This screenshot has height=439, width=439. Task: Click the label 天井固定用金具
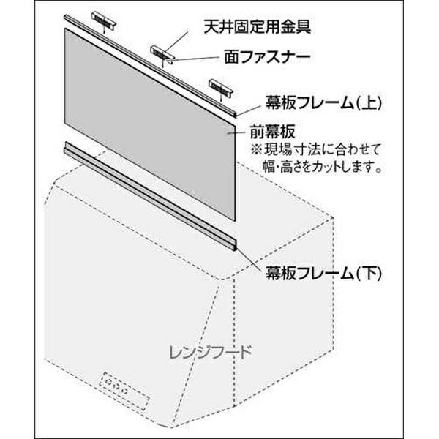pos(258,27)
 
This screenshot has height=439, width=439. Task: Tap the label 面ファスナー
pos(267,57)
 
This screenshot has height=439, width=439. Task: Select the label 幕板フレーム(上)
pos(323,103)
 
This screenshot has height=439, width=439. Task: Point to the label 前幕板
pos(272,132)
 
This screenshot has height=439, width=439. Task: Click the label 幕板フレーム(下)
pos(323,273)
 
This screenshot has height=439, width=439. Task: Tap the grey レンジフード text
pos(211,352)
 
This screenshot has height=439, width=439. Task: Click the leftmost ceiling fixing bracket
pos(104,20)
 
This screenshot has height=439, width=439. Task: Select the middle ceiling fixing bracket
pos(162,54)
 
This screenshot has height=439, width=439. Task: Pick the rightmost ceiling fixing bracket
pos(221,89)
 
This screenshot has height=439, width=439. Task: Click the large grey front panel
pos(149,124)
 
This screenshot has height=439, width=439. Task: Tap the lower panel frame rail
pos(151,196)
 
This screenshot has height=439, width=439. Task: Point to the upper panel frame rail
pos(151,66)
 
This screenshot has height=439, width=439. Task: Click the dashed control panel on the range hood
pos(125,391)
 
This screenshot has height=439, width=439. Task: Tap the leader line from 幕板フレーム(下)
pos(249,259)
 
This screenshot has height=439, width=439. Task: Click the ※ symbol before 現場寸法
pos(256,150)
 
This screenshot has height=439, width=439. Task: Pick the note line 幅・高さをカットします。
pos(323,166)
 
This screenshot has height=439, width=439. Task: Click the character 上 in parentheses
pos(369,103)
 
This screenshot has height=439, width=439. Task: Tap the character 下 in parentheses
pos(369,273)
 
